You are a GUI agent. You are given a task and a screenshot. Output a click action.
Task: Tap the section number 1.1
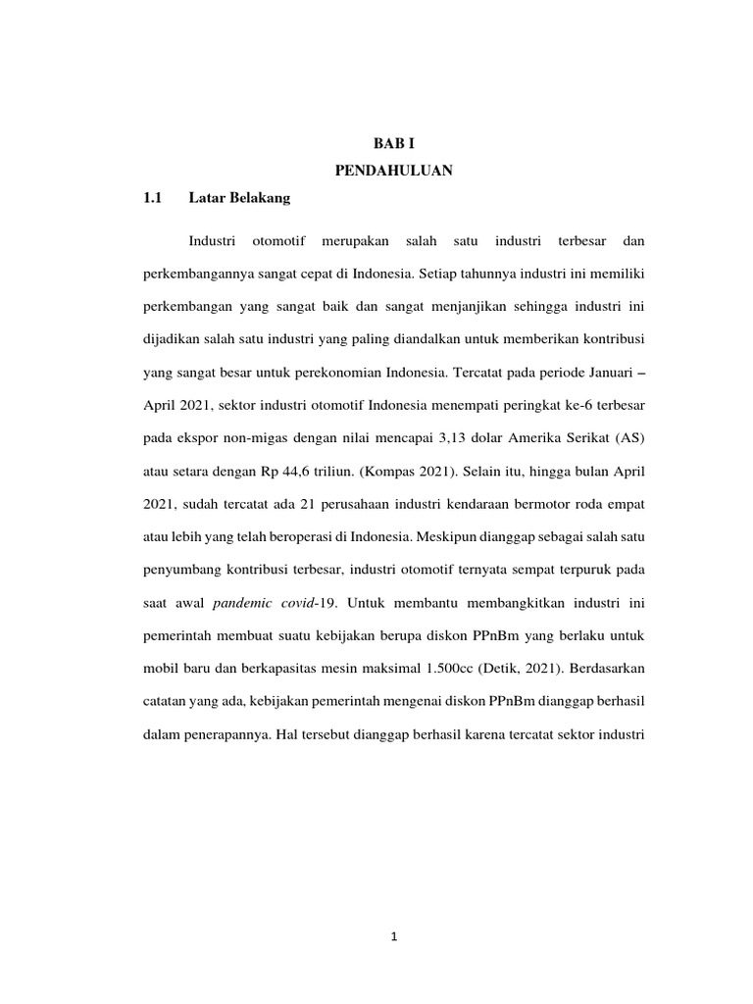pos(151,198)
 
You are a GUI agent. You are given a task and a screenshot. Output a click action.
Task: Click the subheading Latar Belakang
pos(240,198)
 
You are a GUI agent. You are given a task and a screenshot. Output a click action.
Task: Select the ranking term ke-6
pos(548,406)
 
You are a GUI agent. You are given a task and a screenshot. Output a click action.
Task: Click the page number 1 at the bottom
pos(393,936)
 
